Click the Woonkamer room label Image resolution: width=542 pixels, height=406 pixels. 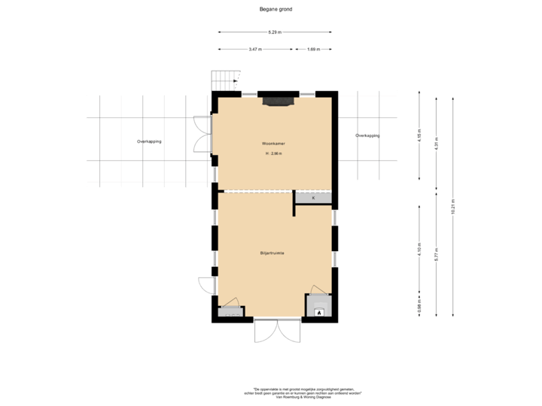[273, 142]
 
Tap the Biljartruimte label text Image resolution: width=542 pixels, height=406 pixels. [273, 254]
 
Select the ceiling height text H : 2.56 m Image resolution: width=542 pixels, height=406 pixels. [273, 153]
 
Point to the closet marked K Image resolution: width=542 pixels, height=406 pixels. [313, 198]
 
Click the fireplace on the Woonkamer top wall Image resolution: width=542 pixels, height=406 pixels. [278, 99]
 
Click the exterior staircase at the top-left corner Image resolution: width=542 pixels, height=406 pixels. [224, 78]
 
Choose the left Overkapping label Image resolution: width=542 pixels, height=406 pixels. [148, 141]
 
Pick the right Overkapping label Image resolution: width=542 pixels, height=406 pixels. [367, 136]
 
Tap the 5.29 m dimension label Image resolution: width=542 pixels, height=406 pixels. [274, 32]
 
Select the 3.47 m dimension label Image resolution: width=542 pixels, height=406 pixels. [255, 50]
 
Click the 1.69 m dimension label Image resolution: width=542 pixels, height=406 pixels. [313, 50]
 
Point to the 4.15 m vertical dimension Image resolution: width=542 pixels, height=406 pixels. [419, 136]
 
